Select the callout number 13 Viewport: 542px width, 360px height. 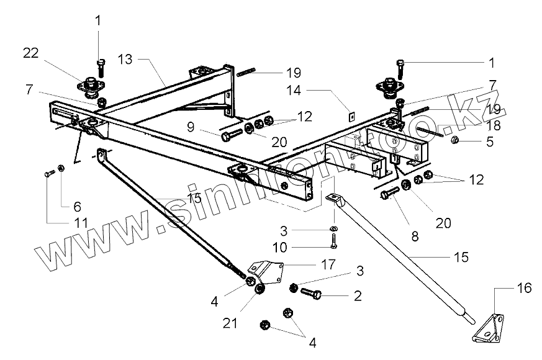[125, 60]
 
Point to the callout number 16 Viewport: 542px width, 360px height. [524, 288]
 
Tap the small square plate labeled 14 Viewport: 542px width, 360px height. [350, 114]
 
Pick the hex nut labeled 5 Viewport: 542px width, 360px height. [454, 141]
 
